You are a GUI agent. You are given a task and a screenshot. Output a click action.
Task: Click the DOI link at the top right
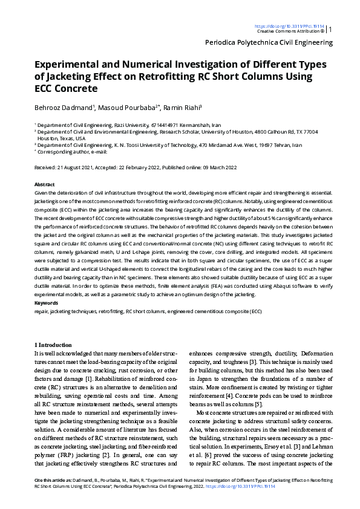coord(289,27)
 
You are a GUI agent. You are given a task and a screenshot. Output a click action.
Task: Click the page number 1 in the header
coord(330,28)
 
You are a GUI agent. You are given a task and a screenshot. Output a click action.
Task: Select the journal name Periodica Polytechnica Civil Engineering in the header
coord(269,43)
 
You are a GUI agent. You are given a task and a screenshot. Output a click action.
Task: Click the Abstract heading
coord(45,184)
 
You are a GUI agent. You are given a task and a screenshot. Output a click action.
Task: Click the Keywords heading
coord(47,302)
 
